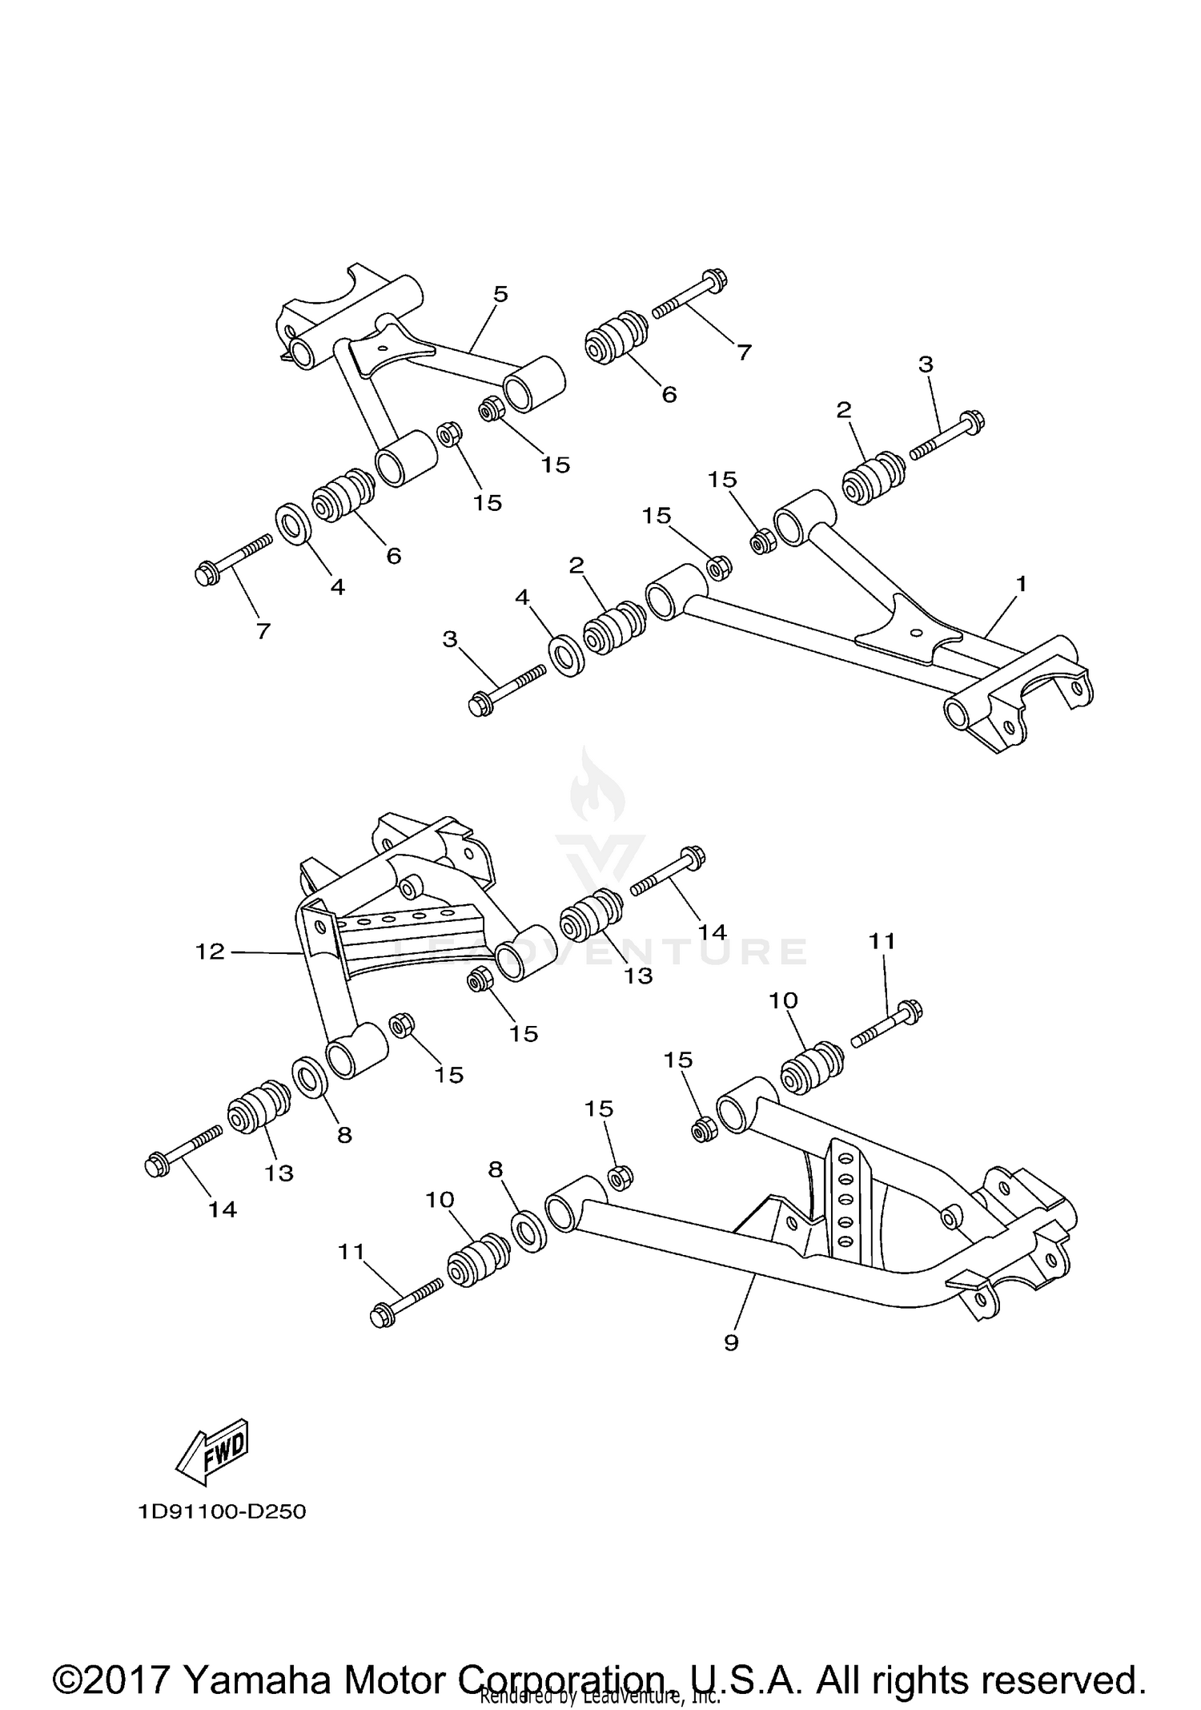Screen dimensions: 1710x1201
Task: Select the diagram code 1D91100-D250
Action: [x=222, y=1511]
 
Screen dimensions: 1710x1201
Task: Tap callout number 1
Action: [x=1020, y=583]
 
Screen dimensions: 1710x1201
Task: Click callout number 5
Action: [x=500, y=294]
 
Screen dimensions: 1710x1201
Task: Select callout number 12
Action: [x=210, y=952]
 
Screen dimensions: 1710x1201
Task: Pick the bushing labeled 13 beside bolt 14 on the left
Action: [x=259, y=1107]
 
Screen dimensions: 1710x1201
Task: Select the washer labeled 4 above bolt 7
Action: [x=294, y=523]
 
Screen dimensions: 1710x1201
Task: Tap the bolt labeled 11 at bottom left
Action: [x=407, y=1302]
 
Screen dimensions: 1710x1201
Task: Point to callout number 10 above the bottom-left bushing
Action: [x=440, y=1199]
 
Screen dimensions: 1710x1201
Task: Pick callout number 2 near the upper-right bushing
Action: [x=843, y=410]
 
